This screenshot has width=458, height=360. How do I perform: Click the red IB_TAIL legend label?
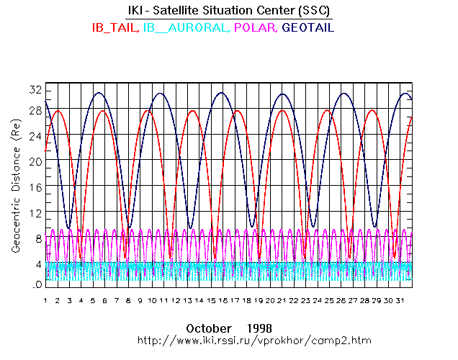pos(114,28)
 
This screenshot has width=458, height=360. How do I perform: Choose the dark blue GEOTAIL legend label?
pos(308,28)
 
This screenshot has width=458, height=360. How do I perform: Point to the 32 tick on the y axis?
pos(35,90)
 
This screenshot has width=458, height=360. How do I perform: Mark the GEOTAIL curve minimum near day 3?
pos(69,229)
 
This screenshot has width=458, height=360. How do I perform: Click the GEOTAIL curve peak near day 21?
pos(283,94)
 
